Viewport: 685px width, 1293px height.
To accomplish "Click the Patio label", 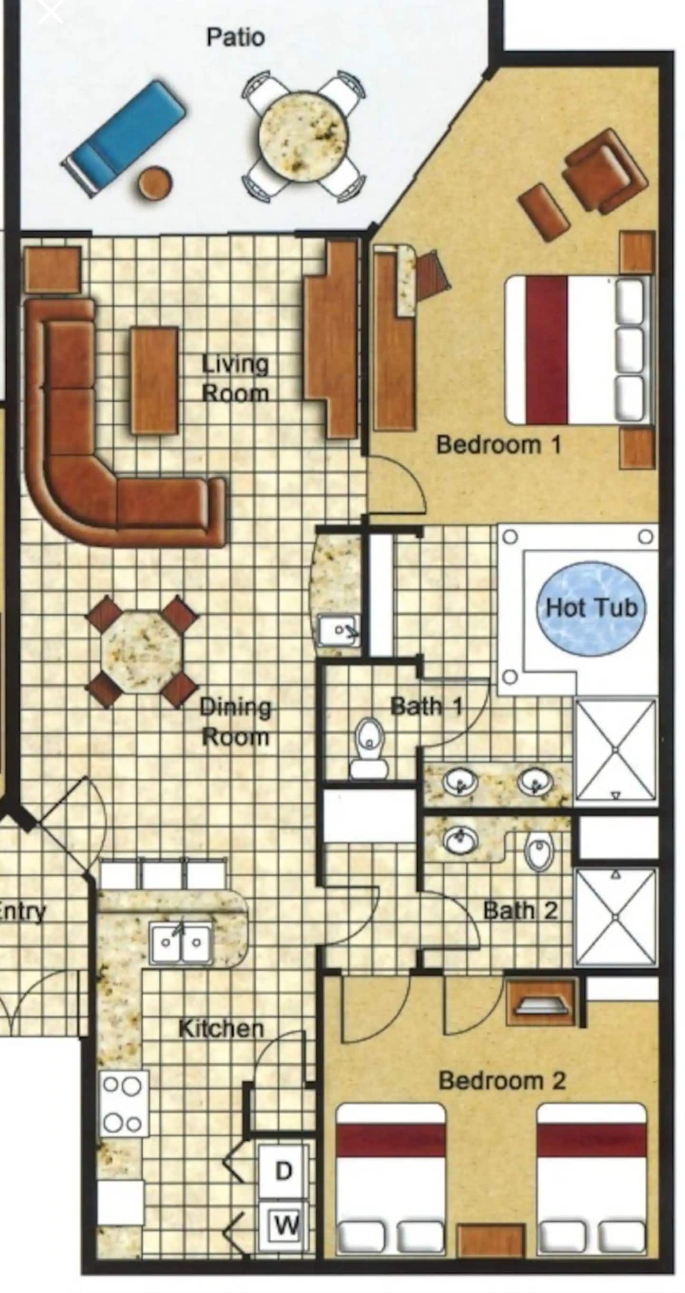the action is pos(235,38).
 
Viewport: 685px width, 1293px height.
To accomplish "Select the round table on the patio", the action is pos(303,136).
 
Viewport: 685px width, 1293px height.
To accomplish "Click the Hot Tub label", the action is pos(592,608).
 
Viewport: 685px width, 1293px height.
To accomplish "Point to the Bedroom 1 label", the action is pos(499,445).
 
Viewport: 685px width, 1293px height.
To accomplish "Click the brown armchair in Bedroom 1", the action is pos(604,171).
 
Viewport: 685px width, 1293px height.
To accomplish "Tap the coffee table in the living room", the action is pos(155,381).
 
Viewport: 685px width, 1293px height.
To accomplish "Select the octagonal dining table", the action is pos(141,652).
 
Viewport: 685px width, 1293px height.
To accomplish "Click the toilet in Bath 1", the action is pos(369,748).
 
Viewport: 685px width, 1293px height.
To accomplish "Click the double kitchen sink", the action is pos(181,944).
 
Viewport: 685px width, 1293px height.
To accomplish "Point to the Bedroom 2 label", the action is pos(502,1081).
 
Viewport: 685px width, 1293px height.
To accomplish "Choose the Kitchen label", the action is pos(221,1029).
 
